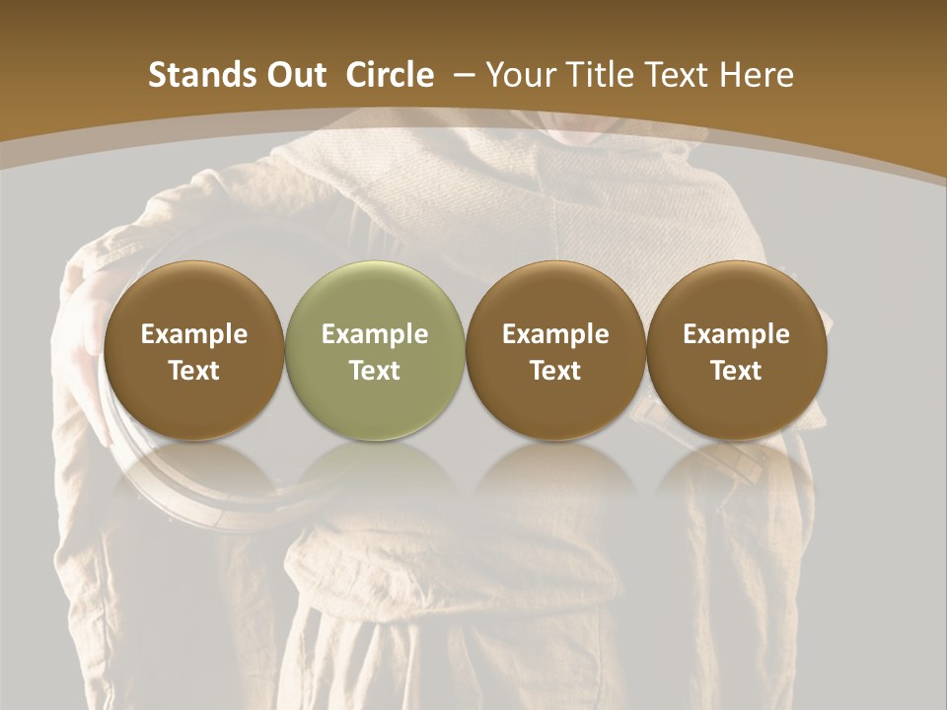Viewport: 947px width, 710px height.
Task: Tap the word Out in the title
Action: tap(286, 75)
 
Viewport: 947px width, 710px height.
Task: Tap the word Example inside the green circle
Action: tap(375, 334)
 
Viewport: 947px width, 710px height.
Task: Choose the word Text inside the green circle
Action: tap(375, 371)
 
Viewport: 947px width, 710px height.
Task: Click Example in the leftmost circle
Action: tap(193, 334)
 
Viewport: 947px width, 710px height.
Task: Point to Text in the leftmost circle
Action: tap(193, 371)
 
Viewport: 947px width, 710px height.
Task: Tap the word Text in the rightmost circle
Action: tap(736, 371)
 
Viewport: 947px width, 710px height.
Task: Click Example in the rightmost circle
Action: tap(736, 334)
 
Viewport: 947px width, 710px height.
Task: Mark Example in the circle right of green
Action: tap(555, 334)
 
